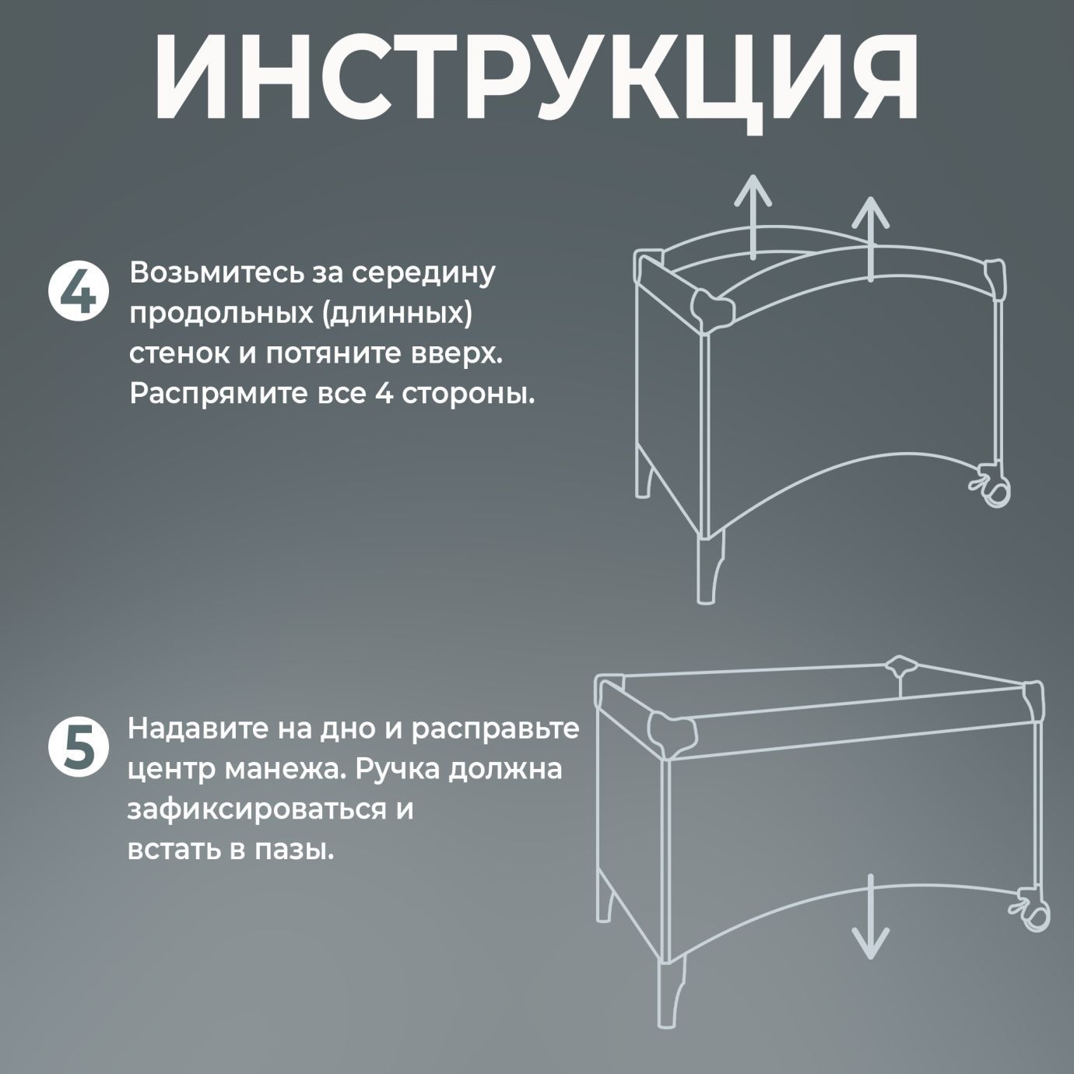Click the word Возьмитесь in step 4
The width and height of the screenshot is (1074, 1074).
point(217,274)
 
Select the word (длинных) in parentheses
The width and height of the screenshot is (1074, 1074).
point(396,313)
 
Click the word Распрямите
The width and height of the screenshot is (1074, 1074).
point(219,395)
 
